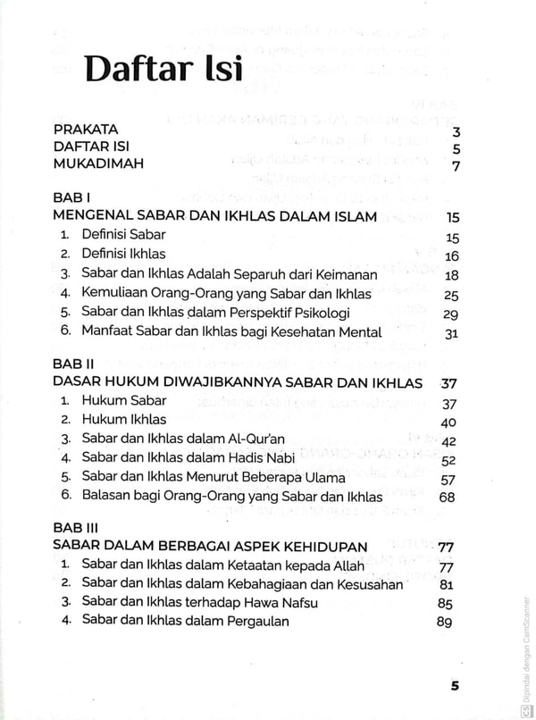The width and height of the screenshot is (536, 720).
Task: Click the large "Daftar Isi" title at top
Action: point(163,70)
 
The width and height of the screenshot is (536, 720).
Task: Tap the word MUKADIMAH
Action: point(98,164)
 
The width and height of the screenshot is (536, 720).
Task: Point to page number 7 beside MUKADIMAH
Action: point(456,167)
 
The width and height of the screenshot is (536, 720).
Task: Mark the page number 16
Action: point(451,256)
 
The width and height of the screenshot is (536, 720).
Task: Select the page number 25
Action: point(451,295)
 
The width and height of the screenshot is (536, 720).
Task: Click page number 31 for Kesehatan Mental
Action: point(451,333)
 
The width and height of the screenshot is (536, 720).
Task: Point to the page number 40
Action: point(449,423)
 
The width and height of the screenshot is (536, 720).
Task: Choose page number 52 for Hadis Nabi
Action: point(448,461)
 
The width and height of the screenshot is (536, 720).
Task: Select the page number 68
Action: point(448,498)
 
